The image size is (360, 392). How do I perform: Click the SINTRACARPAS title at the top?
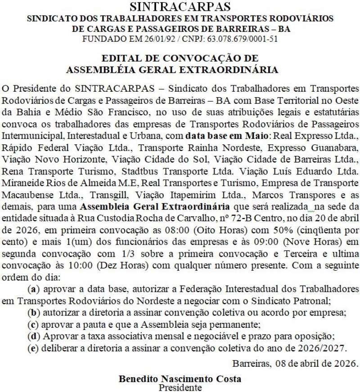[x=180, y=7]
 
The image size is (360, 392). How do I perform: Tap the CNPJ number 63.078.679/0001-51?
[x=243, y=38]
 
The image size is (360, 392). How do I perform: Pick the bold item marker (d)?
[x=32, y=335]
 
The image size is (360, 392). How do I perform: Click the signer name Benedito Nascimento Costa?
[x=180, y=379]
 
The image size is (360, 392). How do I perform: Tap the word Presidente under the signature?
[x=180, y=387]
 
